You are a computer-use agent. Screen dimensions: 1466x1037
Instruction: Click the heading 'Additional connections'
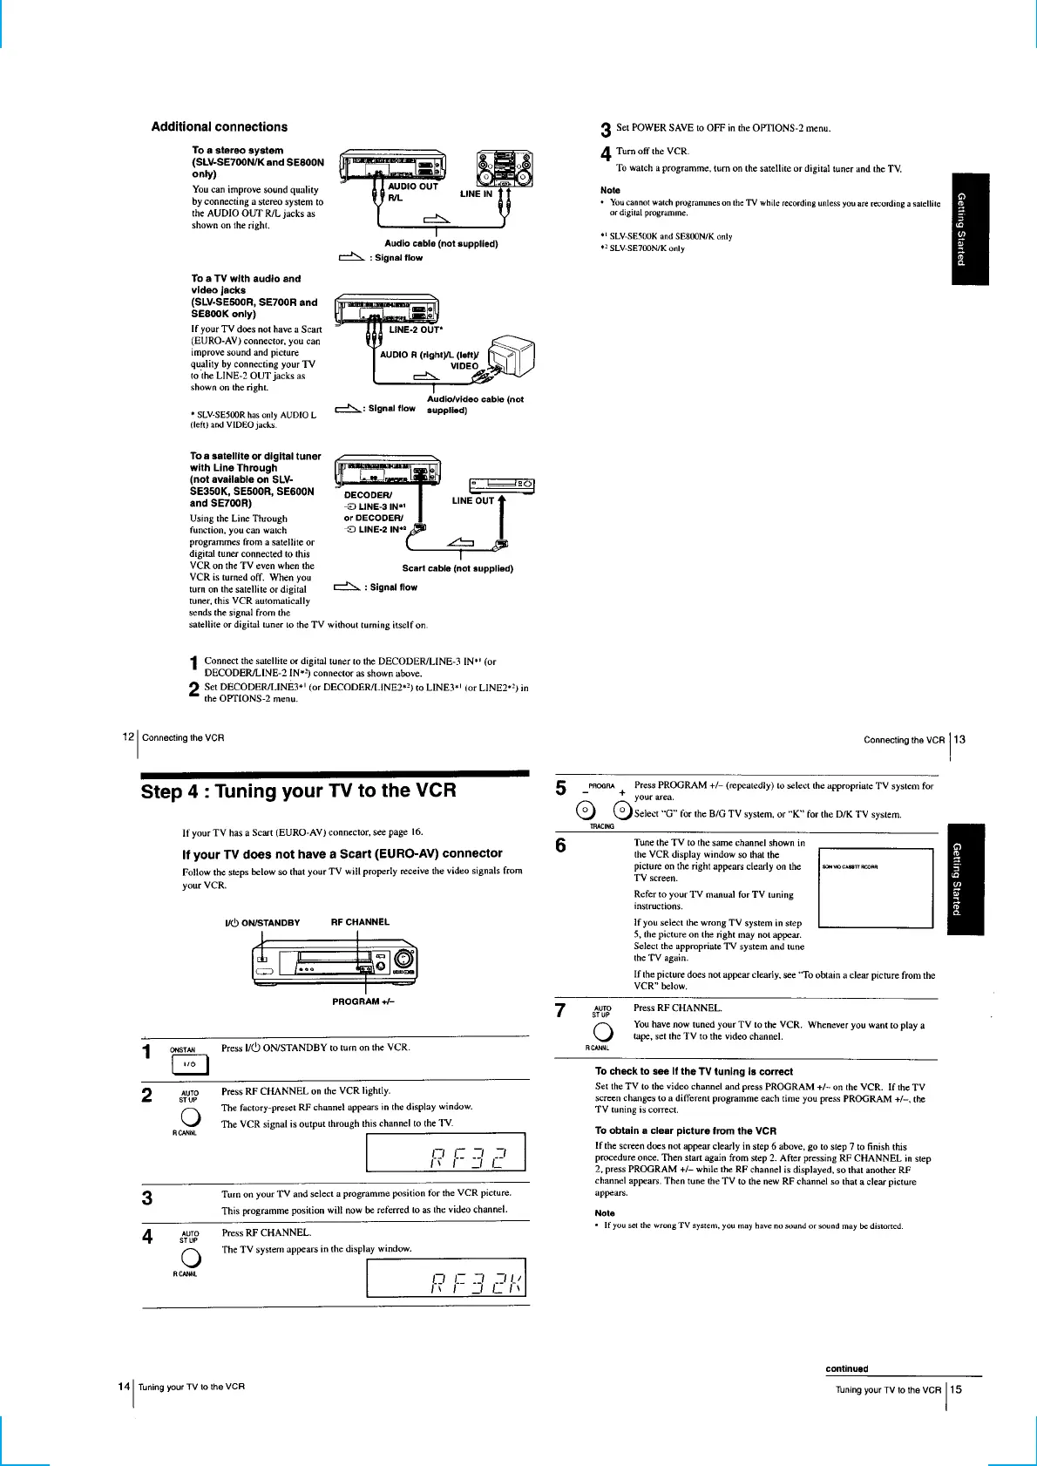pyautogui.click(x=219, y=127)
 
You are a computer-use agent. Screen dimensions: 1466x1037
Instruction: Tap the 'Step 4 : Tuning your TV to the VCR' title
pyautogui.click(x=298, y=791)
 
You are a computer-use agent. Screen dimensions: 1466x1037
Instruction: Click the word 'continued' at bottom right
pyautogui.click(x=846, y=1368)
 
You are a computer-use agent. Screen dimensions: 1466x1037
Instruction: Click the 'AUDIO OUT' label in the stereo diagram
pyautogui.click(x=413, y=186)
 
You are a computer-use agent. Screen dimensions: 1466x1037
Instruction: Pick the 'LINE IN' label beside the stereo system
pyautogui.click(x=476, y=194)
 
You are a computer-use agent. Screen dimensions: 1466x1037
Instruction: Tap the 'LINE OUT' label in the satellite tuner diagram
pyautogui.click(x=473, y=501)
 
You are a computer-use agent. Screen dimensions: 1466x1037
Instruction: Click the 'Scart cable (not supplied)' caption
pyautogui.click(x=457, y=568)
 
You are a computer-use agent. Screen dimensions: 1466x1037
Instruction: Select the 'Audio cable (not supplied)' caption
pyautogui.click(x=441, y=244)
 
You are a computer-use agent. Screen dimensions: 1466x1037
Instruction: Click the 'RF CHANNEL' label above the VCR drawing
pyautogui.click(x=360, y=922)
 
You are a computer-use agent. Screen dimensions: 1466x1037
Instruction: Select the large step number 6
pyautogui.click(x=560, y=845)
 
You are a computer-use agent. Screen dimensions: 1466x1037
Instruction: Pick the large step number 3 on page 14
pyautogui.click(x=147, y=1198)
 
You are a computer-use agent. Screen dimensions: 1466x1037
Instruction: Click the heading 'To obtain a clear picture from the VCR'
pyautogui.click(x=685, y=1130)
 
